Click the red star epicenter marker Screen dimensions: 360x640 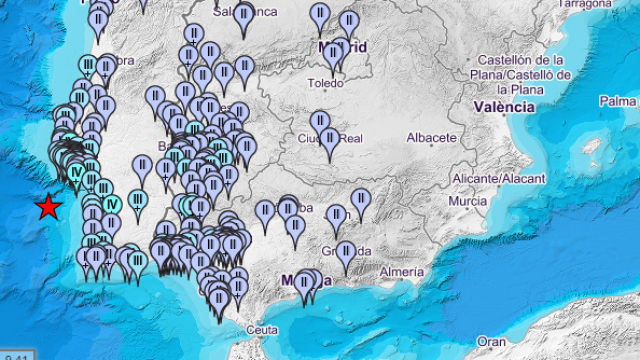(x=47, y=207)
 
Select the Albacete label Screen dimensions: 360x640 (x=432, y=137)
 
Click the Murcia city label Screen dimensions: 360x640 (x=468, y=202)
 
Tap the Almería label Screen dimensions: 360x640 (x=402, y=271)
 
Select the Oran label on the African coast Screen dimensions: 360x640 (x=490, y=341)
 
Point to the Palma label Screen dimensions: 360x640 (x=618, y=101)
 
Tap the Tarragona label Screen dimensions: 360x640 (x=585, y=4)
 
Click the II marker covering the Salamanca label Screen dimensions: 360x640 (x=244, y=15)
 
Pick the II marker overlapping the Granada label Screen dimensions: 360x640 (x=346, y=252)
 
